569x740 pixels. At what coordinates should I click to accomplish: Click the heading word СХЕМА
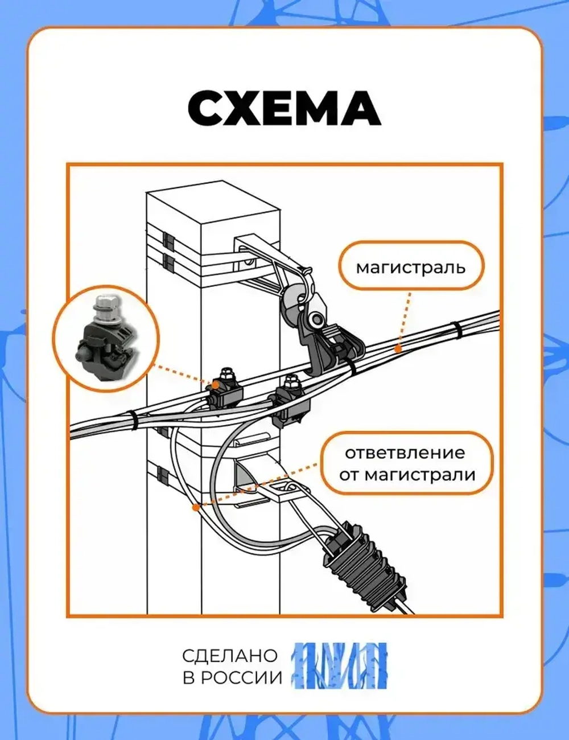click(x=284, y=108)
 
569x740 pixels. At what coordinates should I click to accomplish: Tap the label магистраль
click(x=410, y=267)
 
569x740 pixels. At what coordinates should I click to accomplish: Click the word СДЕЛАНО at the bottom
click(x=230, y=655)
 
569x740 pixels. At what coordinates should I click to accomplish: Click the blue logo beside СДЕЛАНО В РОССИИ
click(x=340, y=665)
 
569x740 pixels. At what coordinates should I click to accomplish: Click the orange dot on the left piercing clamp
click(x=215, y=385)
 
